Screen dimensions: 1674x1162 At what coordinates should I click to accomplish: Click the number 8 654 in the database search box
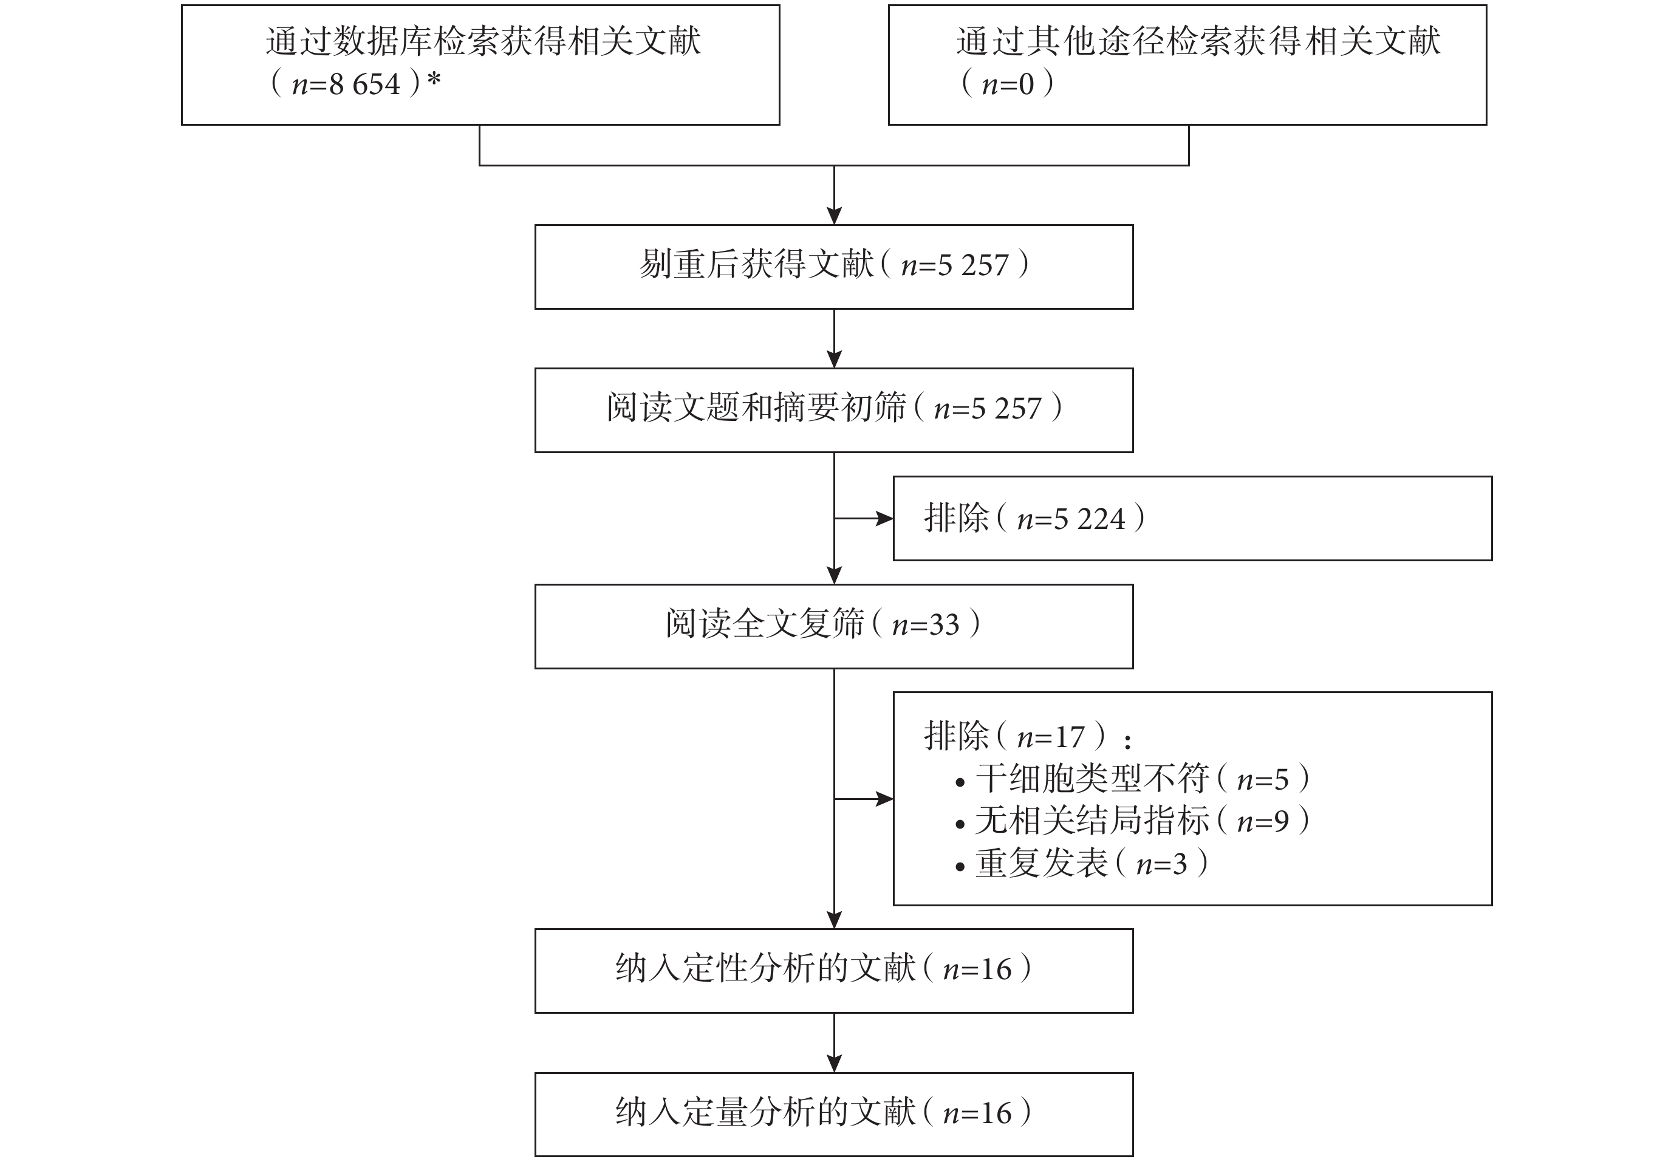tap(364, 84)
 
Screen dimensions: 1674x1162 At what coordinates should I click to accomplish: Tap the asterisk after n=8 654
tap(434, 78)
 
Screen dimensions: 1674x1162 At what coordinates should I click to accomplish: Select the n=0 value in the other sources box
tap(1008, 84)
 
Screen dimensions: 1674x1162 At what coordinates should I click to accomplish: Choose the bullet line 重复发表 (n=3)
tap(1082, 864)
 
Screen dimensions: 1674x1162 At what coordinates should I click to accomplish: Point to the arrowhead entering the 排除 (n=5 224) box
tap(885, 518)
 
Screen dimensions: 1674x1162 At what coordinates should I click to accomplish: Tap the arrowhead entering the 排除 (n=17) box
tap(885, 799)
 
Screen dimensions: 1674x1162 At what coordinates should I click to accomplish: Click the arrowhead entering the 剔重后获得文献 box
tap(834, 216)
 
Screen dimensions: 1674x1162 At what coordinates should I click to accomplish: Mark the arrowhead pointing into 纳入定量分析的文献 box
tap(834, 1063)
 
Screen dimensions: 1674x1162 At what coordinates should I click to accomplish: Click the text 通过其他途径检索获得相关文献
tap(1198, 41)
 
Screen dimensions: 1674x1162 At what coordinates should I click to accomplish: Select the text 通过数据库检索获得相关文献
tap(483, 41)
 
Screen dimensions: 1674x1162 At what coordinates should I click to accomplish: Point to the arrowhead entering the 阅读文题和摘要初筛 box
tap(834, 359)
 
